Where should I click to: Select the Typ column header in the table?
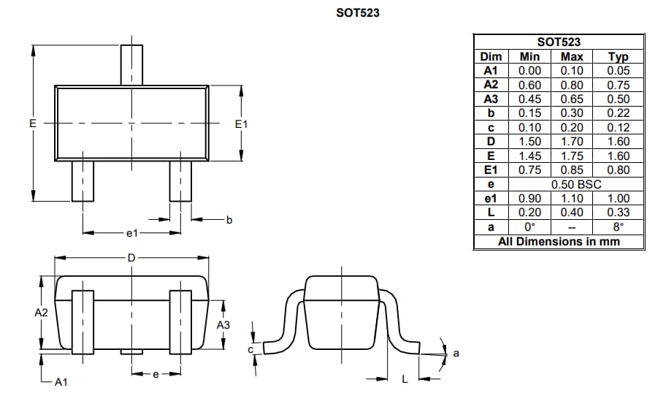click(619, 56)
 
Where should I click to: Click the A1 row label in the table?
click(490, 71)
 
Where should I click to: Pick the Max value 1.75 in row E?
click(571, 156)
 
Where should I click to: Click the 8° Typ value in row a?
click(619, 226)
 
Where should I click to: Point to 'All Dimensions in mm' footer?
click(559, 241)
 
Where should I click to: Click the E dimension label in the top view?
click(32, 124)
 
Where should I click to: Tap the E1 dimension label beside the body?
click(242, 124)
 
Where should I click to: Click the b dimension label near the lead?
click(229, 219)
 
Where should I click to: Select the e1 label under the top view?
click(131, 234)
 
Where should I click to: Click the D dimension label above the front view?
click(131, 257)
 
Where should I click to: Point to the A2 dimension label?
click(41, 313)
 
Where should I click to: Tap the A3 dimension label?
click(223, 324)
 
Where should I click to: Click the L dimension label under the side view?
click(405, 378)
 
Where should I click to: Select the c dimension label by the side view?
click(250, 350)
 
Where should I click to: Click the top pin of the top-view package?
click(131, 65)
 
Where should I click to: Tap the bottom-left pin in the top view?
click(83, 180)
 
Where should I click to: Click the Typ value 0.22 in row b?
click(619, 113)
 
